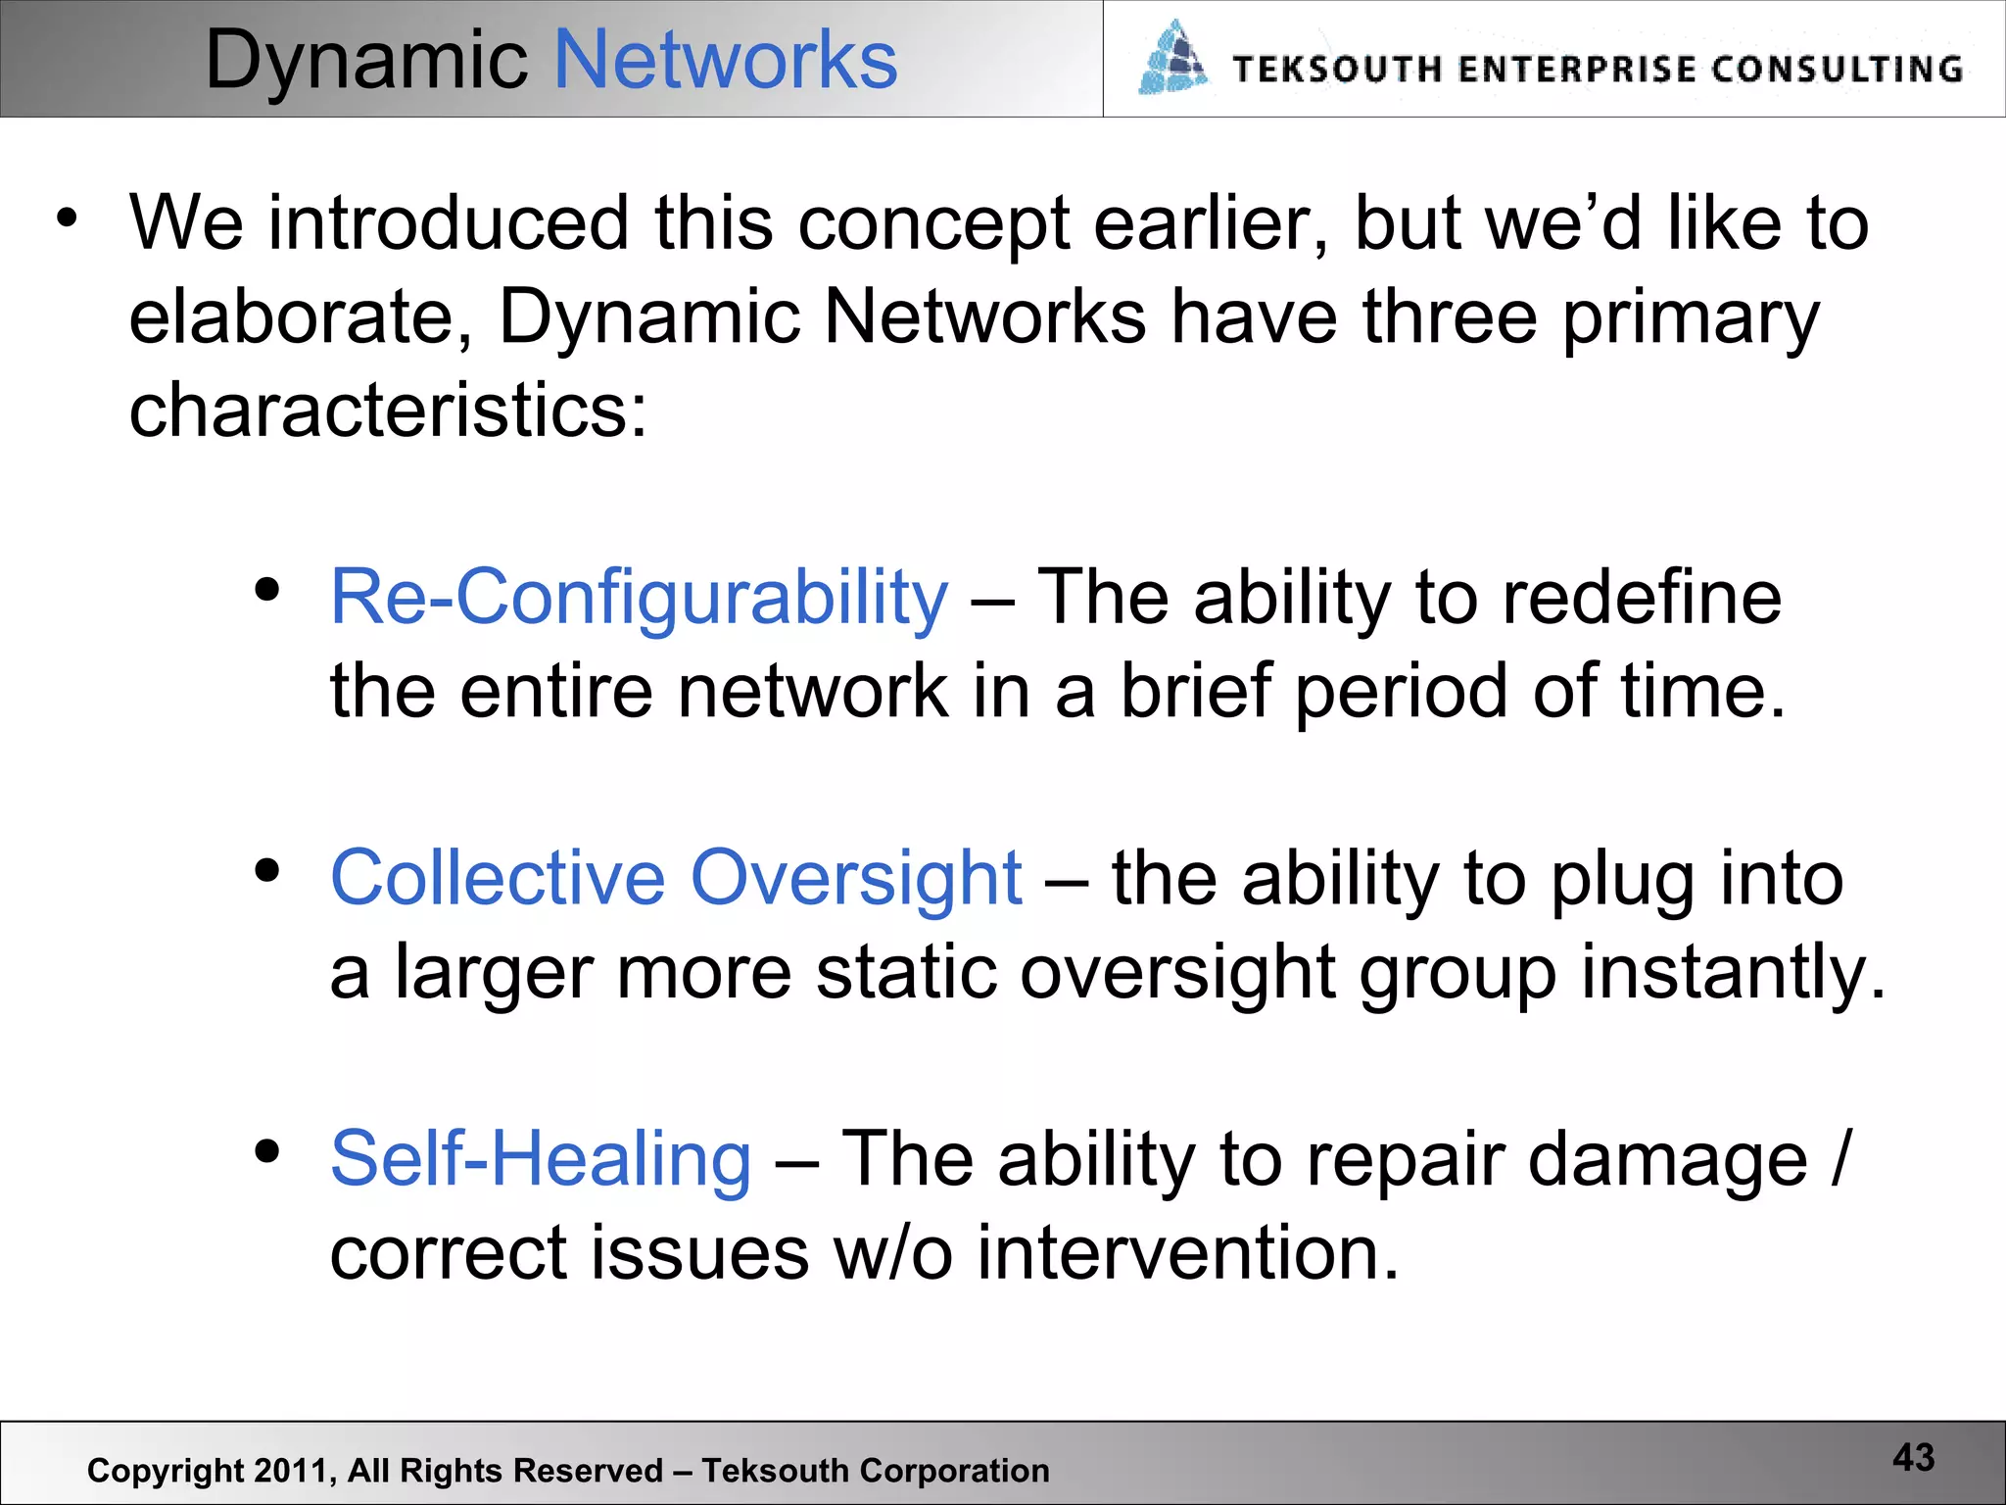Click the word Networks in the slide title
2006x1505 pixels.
(725, 61)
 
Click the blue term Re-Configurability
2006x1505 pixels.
(639, 598)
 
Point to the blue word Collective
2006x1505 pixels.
(498, 878)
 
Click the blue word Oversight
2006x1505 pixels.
(856, 880)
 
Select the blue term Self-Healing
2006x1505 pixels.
(541, 1160)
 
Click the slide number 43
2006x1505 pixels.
(1913, 1458)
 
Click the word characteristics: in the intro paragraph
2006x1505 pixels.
(388, 410)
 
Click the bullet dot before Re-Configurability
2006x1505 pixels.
(266, 590)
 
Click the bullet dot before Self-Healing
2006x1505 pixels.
(266, 1152)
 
